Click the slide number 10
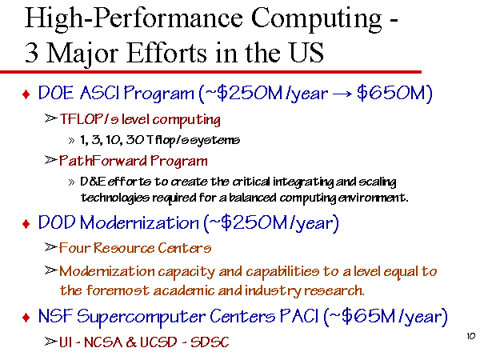(x=471, y=336)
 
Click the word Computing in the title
(x=316, y=19)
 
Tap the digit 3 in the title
(x=31, y=53)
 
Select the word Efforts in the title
(x=166, y=52)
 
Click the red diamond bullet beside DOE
(x=26, y=94)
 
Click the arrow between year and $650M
(x=342, y=94)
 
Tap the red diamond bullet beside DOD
(x=26, y=224)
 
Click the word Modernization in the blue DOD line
(x=139, y=222)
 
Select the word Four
(x=74, y=248)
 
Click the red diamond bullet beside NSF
(x=26, y=318)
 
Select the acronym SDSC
(x=210, y=342)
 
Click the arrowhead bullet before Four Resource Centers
(x=50, y=246)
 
